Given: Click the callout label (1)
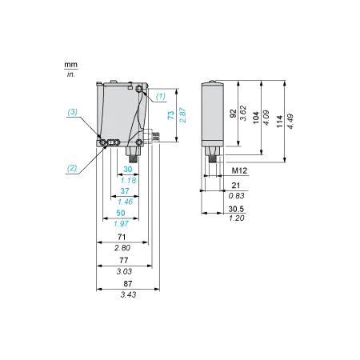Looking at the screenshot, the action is click(x=161, y=96).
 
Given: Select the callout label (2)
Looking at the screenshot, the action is click(x=72, y=168).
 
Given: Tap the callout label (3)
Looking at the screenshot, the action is click(x=72, y=112).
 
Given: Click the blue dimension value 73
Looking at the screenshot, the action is click(x=170, y=115).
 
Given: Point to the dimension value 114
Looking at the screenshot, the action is click(x=279, y=122).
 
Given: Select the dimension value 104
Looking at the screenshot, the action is click(x=256, y=118).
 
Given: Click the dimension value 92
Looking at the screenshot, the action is click(x=233, y=114).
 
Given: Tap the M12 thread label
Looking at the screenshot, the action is click(x=239, y=170).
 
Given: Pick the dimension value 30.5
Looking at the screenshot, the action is click(x=236, y=209).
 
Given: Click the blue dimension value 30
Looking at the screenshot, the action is click(x=128, y=169).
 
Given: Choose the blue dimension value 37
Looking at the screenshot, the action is click(x=125, y=191).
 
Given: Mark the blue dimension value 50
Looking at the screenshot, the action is click(x=121, y=213).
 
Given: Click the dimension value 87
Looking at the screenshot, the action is click(x=128, y=283).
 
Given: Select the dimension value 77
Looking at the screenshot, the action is click(x=124, y=260).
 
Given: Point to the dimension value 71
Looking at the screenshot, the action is click(x=122, y=237).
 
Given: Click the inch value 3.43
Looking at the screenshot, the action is click(x=128, y=294).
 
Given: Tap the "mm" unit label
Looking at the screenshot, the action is click(x=70, y=65).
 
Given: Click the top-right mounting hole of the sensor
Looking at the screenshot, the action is click(x=139, y=89).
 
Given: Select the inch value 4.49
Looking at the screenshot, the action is click(x=290, y=122).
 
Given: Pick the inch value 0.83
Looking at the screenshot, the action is click(x=236, y=196).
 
